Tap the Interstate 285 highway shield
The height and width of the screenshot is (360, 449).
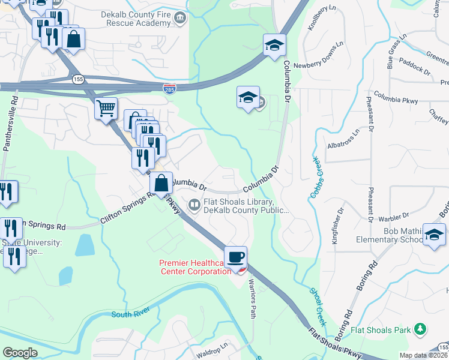point(170,89)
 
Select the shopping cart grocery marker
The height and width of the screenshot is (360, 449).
point(106,109)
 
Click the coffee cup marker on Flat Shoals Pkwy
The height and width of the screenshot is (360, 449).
point(236,256)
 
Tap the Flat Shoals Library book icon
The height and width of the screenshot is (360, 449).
point(194,205)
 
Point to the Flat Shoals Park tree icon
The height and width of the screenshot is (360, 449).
point(421,329)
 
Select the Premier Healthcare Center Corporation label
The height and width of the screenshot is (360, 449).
point(195,267)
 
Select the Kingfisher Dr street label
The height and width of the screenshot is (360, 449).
point(337,226)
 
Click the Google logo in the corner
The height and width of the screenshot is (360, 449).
point(20,353)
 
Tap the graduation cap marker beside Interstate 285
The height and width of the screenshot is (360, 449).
point(274,46)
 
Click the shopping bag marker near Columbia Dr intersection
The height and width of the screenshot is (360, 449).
point(161,184)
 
